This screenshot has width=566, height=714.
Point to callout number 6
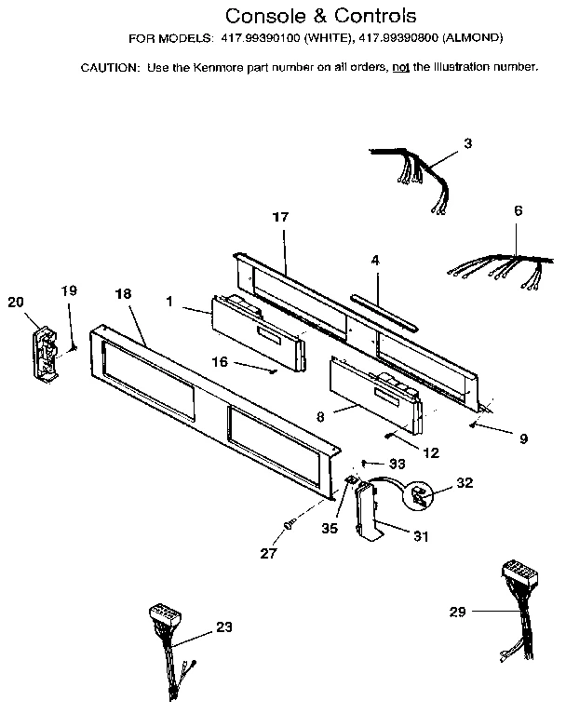(x=518, y=210)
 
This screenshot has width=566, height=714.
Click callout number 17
(x=280, y=217)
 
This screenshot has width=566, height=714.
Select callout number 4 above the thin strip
(x=375, y=261)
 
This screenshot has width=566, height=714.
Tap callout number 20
(x=15, y=301)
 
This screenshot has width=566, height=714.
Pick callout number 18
(x=124, y=293)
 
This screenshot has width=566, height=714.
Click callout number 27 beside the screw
(x=268, y=553)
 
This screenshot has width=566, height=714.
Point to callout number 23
(x=223, y=626)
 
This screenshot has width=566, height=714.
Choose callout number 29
(x=456, y=612)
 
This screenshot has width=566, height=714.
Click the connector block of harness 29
(x=515, y=570)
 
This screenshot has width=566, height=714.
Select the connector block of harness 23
(x=162, y=614)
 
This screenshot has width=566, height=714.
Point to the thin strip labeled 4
(x=384, y=305)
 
